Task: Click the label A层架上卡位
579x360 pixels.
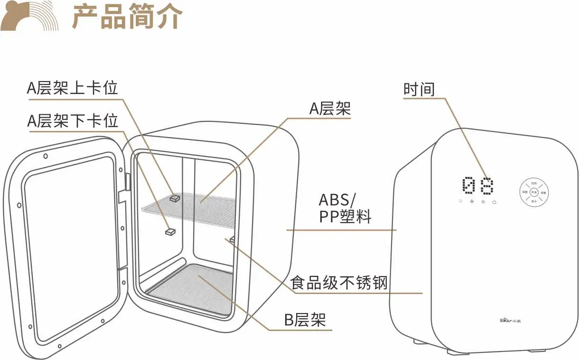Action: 72,88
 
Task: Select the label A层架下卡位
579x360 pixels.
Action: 72,120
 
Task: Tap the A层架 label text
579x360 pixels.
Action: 330,109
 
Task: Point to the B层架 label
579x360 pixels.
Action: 305,320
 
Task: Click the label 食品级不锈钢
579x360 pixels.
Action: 339,283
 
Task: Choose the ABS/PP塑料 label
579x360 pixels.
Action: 345,208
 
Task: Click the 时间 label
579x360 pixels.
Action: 419,89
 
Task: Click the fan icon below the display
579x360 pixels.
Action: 472,202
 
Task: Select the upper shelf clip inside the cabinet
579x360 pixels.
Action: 175,198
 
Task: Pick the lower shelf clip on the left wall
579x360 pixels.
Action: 170,231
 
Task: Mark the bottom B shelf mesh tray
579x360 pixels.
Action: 195,287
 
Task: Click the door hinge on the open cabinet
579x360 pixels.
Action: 128,181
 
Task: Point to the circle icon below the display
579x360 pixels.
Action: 495,202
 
